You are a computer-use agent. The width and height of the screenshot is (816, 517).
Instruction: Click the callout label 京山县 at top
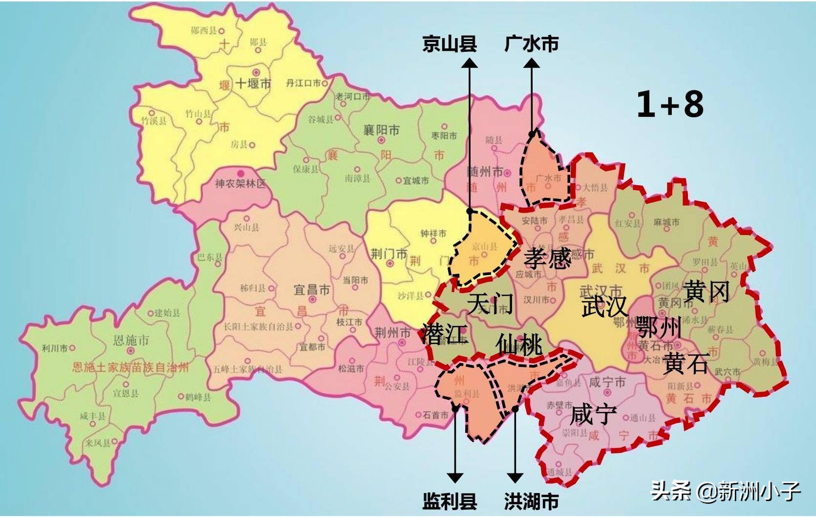point(449,44)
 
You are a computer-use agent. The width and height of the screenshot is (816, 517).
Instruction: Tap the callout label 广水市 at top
point(531,44)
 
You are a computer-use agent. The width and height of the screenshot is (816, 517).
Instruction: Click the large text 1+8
point(670,104)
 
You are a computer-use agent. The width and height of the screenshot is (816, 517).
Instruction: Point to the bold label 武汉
point(604,307)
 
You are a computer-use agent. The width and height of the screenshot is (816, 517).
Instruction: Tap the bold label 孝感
point(548,258)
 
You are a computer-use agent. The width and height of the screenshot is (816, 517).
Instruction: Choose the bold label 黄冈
point(707,292)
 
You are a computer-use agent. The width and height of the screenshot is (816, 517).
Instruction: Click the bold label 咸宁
point(593,415)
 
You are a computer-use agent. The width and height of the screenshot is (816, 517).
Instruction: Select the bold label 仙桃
point(519,344)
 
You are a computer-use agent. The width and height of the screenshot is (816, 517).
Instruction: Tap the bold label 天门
point(490,303)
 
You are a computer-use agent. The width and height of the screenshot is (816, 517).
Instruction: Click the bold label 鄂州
point(658,327)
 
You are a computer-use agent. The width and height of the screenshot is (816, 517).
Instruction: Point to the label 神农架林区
point(240,184)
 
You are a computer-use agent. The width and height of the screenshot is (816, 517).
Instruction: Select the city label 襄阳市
point(381,130)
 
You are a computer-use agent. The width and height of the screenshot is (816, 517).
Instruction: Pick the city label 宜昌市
point(311,290)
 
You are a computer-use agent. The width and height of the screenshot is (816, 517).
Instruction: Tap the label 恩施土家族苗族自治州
point(130,367)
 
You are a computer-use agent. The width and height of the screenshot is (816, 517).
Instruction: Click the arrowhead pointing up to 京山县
point(470,64)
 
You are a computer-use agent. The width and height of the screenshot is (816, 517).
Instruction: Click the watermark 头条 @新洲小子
point(725,490)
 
